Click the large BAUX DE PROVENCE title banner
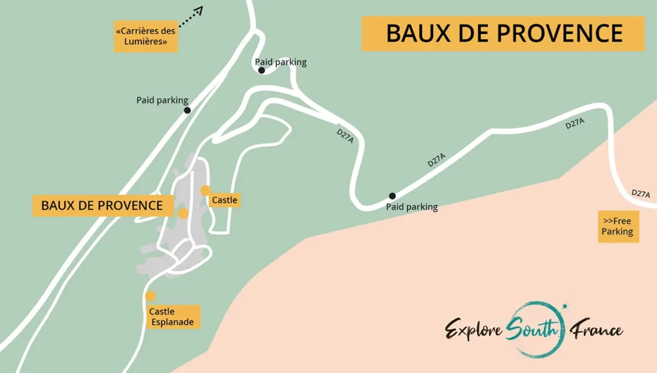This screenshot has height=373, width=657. click(504, 33)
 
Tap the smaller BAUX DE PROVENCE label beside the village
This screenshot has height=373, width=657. click(101, 206)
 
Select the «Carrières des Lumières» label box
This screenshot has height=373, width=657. click(146, 37)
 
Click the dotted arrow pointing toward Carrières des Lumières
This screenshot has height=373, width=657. click(190, 17)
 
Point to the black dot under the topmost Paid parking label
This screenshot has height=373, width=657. click(262, 70)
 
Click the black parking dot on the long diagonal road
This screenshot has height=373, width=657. click(187, 110)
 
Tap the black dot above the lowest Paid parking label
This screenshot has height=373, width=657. click(392, 196)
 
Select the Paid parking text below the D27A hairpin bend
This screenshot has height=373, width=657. click(411, 207)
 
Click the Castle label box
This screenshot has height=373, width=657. click(225, 200)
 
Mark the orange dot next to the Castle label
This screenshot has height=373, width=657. click(205, 190)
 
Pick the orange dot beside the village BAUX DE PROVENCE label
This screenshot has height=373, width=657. click(183, 213)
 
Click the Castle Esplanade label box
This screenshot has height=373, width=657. click(171, 317)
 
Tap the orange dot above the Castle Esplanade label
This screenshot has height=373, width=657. click(151, 295)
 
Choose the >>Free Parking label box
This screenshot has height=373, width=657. click(618, 226)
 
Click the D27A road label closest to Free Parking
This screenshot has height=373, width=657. click(640, 194)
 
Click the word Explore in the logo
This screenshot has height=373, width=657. click(474, 329)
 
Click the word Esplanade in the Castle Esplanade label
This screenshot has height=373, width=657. click(171, 322)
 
